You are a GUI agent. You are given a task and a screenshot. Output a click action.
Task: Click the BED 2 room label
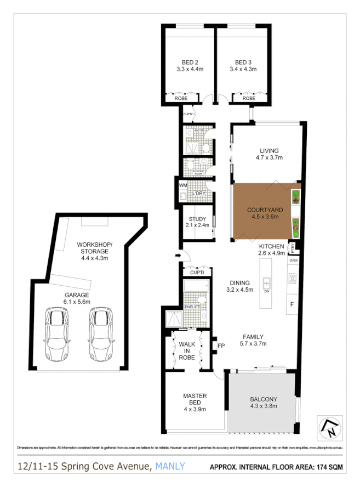[x=190, y=62]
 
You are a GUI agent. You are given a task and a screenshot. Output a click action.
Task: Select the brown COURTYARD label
[x=265, y=209]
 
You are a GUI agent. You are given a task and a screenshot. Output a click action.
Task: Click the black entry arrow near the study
[x=178, y=255]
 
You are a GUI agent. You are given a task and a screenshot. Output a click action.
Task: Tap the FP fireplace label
[x=221, y=346]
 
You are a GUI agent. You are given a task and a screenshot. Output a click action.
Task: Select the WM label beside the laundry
[x=182, y=185]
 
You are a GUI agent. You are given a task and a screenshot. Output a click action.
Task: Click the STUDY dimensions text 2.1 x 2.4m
[x=195, y=225]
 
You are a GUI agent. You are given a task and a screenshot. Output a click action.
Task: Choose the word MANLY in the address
[x=170, y=467]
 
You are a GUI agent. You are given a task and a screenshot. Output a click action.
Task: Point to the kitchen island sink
[x=267, y=283]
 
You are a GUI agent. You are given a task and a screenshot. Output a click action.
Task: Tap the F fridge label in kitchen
[x=292, y=304]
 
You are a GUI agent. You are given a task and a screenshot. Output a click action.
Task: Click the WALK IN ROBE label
[x=187, y=350]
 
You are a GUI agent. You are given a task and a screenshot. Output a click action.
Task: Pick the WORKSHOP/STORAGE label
[x=94, y=247]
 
